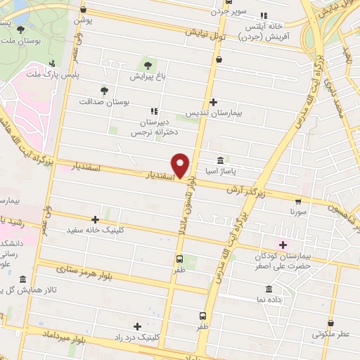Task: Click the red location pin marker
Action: [181, 166]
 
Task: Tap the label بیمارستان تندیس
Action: [213, 113]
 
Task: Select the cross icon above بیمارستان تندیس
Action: [213, 102]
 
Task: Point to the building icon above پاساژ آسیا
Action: [221, 160]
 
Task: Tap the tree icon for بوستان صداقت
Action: [104, 91]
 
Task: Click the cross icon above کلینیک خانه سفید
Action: [95, 219]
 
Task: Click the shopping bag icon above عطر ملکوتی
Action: [331, 323]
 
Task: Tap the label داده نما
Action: [270, 300]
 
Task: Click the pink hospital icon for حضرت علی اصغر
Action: [283, 245]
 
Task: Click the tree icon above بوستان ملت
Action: [20, 29]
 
